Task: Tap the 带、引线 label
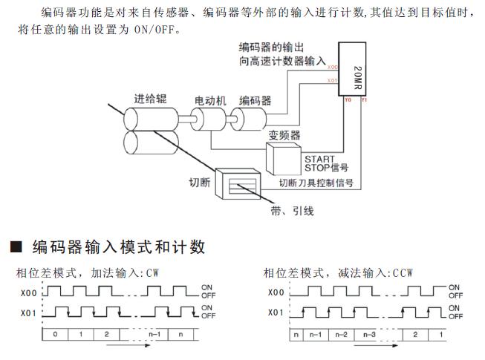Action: pos(292,211)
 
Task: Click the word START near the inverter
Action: pos(320,158)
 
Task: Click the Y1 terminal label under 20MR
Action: pos(362,99)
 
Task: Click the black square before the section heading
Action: pos(13,246)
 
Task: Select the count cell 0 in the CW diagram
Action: pos(54,334)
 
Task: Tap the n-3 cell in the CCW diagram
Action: pos(369,334)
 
